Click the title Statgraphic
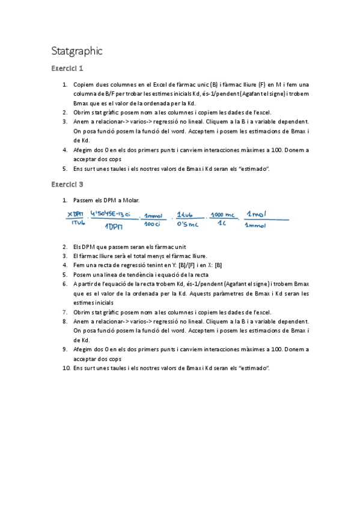77,51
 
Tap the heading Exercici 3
67,184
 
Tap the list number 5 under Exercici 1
65,168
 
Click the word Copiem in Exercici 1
84,85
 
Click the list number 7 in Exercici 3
65,312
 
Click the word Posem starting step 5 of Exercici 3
83,274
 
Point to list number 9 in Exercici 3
65,349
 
